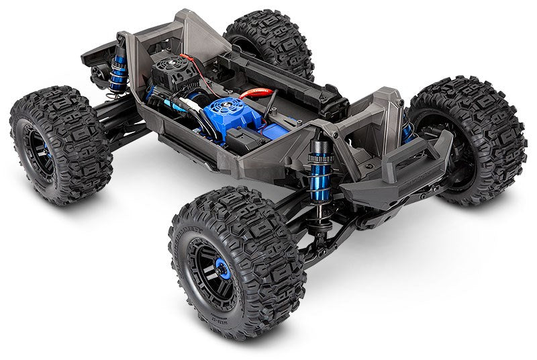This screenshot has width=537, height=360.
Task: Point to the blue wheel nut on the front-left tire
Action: pyautogui.click(x=223, y=269)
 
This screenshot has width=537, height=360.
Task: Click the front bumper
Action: pyautogui.click(x=416, y=165)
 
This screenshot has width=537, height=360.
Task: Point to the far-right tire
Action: pyautogui.click(x=470, y=141)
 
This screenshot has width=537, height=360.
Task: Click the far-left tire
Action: pyautogui.click(x=60, y=144)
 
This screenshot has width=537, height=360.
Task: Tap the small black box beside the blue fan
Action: pyautogui.click(x=242, y=140)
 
